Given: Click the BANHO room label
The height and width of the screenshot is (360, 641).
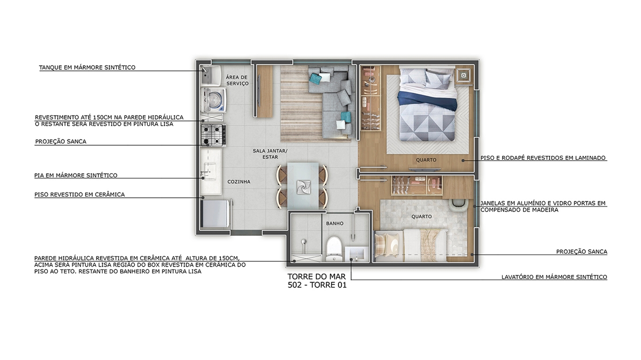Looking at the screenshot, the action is click(334, 223).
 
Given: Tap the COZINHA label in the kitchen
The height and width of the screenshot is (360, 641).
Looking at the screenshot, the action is click(239, 182).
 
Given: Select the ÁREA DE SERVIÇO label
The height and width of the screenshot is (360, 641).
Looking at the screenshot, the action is click(237, 80).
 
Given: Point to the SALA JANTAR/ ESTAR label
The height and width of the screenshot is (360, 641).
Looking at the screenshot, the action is click(270, 154).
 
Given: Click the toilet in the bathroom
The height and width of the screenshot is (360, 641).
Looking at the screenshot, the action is click(334, 249).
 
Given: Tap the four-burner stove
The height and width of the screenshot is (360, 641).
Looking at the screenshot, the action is click(213, 135).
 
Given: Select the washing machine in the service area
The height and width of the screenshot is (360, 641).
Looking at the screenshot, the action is click(214, 100).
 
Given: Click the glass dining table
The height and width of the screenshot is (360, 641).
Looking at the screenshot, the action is click(303, 185).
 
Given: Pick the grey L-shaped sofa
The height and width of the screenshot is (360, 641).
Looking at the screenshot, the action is click(332, 100).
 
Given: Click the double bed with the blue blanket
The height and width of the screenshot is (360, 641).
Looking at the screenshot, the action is click(427, 104).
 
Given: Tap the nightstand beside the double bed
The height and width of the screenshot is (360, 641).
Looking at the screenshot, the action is click(463, 76).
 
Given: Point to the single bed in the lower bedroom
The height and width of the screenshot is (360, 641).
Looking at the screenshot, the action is click(411, 245).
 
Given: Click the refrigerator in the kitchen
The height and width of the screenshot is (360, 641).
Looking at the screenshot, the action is click(216, 214).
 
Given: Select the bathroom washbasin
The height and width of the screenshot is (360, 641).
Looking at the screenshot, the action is click(356, 254).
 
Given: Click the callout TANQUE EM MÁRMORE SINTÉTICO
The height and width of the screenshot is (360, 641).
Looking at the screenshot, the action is click(87, 68).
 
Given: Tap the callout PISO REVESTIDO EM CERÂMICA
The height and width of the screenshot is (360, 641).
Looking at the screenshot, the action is click(79, 194).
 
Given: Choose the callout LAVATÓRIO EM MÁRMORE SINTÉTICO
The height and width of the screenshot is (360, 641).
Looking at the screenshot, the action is click(554, 277).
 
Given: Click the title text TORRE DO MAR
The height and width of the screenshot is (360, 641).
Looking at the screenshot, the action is click(317, 276).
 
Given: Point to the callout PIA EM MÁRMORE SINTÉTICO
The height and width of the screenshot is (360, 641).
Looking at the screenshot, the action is click(76, 175).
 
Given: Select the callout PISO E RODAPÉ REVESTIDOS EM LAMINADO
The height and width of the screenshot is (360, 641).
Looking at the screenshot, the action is click(543, 158).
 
